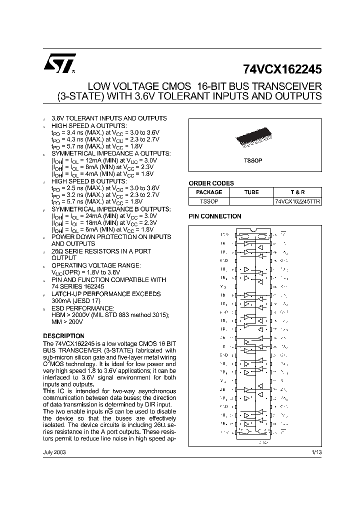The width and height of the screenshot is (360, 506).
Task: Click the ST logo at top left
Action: click(59, 63)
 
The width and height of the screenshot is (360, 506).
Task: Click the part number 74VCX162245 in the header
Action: click(283, 69)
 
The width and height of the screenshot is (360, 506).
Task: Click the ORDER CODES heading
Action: click(211, 183)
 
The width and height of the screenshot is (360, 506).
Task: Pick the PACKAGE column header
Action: click(209, 192)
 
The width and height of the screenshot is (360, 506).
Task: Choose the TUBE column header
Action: click(251, 192)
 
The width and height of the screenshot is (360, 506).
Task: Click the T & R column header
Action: click(297, 192)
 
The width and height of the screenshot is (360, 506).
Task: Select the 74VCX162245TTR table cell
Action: click(297, 200)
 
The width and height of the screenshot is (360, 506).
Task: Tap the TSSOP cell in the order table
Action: click(209, 200)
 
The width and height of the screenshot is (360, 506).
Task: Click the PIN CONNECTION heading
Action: click(214, 216)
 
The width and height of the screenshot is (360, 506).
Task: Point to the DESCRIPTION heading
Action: click(63, 336)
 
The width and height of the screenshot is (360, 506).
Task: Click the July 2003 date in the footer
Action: click(54, 451)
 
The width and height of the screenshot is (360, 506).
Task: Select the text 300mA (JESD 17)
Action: click(76, 301)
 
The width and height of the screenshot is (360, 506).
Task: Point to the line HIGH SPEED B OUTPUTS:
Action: click(88, 181)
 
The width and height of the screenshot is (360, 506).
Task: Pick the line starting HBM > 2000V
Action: click(110, 314)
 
